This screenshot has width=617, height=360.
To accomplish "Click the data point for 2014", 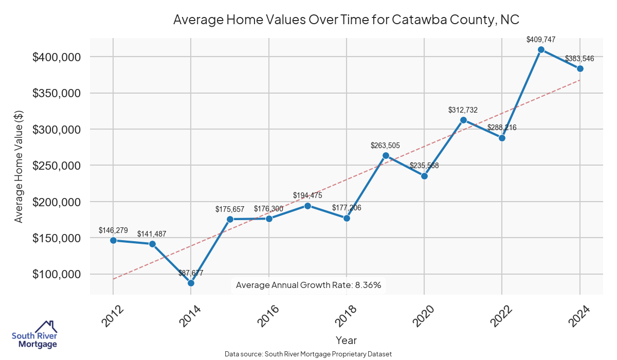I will [191, 283].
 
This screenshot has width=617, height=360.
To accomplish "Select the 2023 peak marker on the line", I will [541, 50].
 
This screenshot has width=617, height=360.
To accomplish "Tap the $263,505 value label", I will [385, 146].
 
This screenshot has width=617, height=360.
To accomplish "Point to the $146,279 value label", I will [113, 230].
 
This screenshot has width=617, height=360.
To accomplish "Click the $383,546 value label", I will [579, 59].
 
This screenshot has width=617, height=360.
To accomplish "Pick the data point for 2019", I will [386, 156].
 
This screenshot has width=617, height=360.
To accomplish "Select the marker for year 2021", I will [463, 120].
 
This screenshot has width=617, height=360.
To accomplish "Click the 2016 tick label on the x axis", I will [268, 316].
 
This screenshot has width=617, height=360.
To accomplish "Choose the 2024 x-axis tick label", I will [579, 316].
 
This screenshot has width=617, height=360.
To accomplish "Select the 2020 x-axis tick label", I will [424, 316].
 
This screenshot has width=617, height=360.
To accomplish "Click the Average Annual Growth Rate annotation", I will [308, 285].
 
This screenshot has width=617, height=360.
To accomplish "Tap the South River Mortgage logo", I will [34, 334].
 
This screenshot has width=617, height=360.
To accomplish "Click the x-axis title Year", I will [346, 340].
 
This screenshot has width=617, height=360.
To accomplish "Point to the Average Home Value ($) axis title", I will [19, 166].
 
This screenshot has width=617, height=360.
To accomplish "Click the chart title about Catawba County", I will [346, 20].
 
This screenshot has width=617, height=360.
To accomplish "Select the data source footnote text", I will [308, 354].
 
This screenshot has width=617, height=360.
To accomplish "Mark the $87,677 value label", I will [191, 273].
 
